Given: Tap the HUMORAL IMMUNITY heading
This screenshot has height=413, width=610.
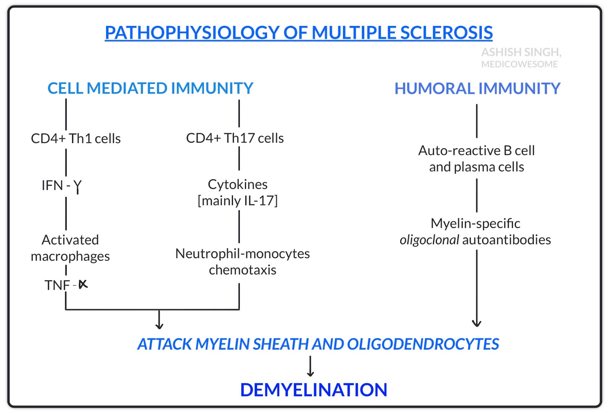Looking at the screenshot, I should (477, 88).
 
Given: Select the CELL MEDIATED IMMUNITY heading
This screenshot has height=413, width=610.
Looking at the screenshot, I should (150, 88).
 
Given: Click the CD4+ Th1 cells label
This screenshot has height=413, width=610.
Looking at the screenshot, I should (75, 139).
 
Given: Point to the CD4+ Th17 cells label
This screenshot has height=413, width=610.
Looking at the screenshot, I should (235, 138).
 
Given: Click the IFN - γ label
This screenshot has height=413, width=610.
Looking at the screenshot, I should (61, 186).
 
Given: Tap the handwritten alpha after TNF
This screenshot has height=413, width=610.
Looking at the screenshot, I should (83, 284).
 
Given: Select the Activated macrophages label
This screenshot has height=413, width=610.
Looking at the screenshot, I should (70, 248).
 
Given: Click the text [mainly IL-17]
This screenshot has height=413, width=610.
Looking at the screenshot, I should (238, 201).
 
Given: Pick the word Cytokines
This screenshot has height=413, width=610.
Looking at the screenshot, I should (238, 184).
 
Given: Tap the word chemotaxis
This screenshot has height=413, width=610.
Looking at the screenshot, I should (242, 270).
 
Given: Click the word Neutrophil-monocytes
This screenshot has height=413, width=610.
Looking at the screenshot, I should (242, 254).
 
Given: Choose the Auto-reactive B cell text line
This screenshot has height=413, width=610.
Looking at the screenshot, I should (477, 151).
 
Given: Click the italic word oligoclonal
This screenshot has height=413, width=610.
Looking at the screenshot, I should (429, 240).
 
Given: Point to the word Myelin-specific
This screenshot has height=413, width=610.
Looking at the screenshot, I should (475, 224).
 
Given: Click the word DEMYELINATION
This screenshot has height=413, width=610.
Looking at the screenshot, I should (313, 390).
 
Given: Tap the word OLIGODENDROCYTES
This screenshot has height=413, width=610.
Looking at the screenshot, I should (423, 344).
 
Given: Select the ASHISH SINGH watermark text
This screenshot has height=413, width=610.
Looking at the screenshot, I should (521, 52).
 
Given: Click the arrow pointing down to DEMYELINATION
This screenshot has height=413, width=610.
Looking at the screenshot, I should (311, 367).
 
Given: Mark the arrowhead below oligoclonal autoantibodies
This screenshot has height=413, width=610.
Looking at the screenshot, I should (477, 323).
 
